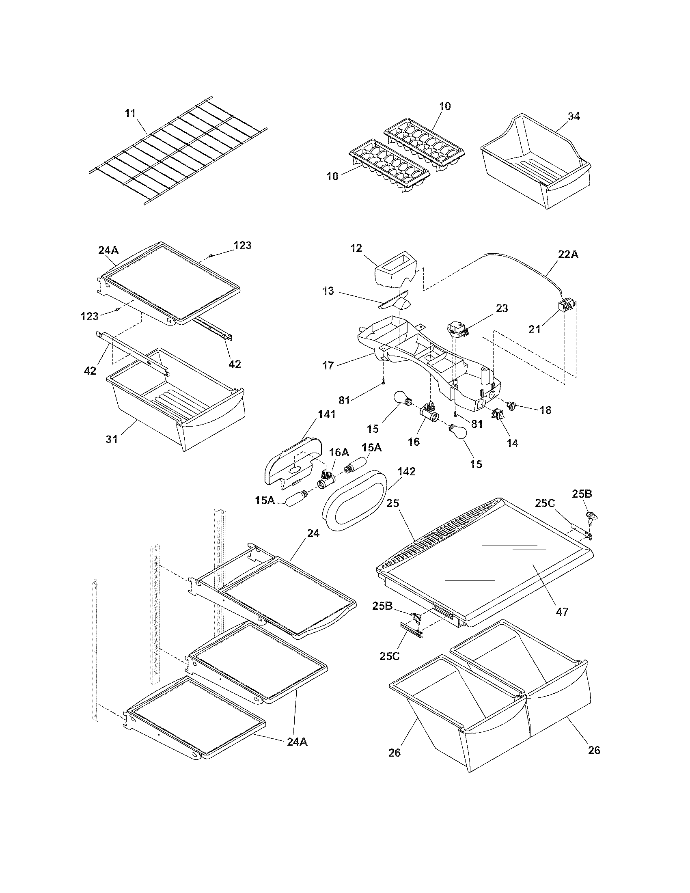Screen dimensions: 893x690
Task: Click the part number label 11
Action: point(130,113)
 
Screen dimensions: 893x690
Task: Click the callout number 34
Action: point(574,116)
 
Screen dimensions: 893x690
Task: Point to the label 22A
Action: point(568,255)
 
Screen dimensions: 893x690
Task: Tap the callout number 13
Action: point(328,291)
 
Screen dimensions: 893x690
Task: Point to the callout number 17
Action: point(328,365)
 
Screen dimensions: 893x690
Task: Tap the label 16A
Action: point(339,452)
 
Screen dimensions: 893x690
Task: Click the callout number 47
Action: point(562,623)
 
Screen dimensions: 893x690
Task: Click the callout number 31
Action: point(112,439)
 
